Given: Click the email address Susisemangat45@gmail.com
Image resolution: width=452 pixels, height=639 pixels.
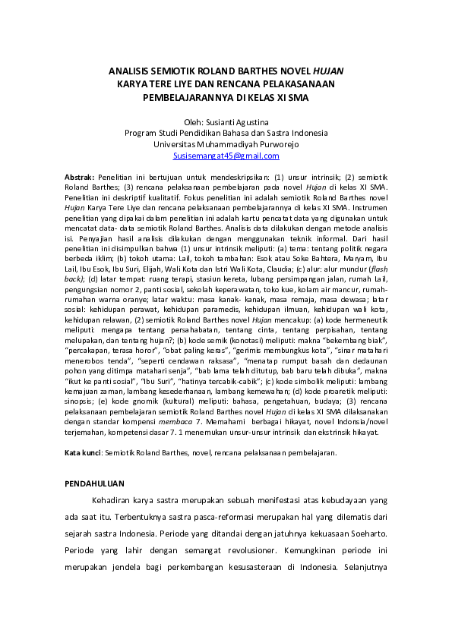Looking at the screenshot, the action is pyautogui.click(x=226, y=156).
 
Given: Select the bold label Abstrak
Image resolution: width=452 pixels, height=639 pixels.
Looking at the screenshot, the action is pyautogui.click(x=78, y=176).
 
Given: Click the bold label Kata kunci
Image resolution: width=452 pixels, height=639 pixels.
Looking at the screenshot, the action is pyautogui.click(x=82, y=452).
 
